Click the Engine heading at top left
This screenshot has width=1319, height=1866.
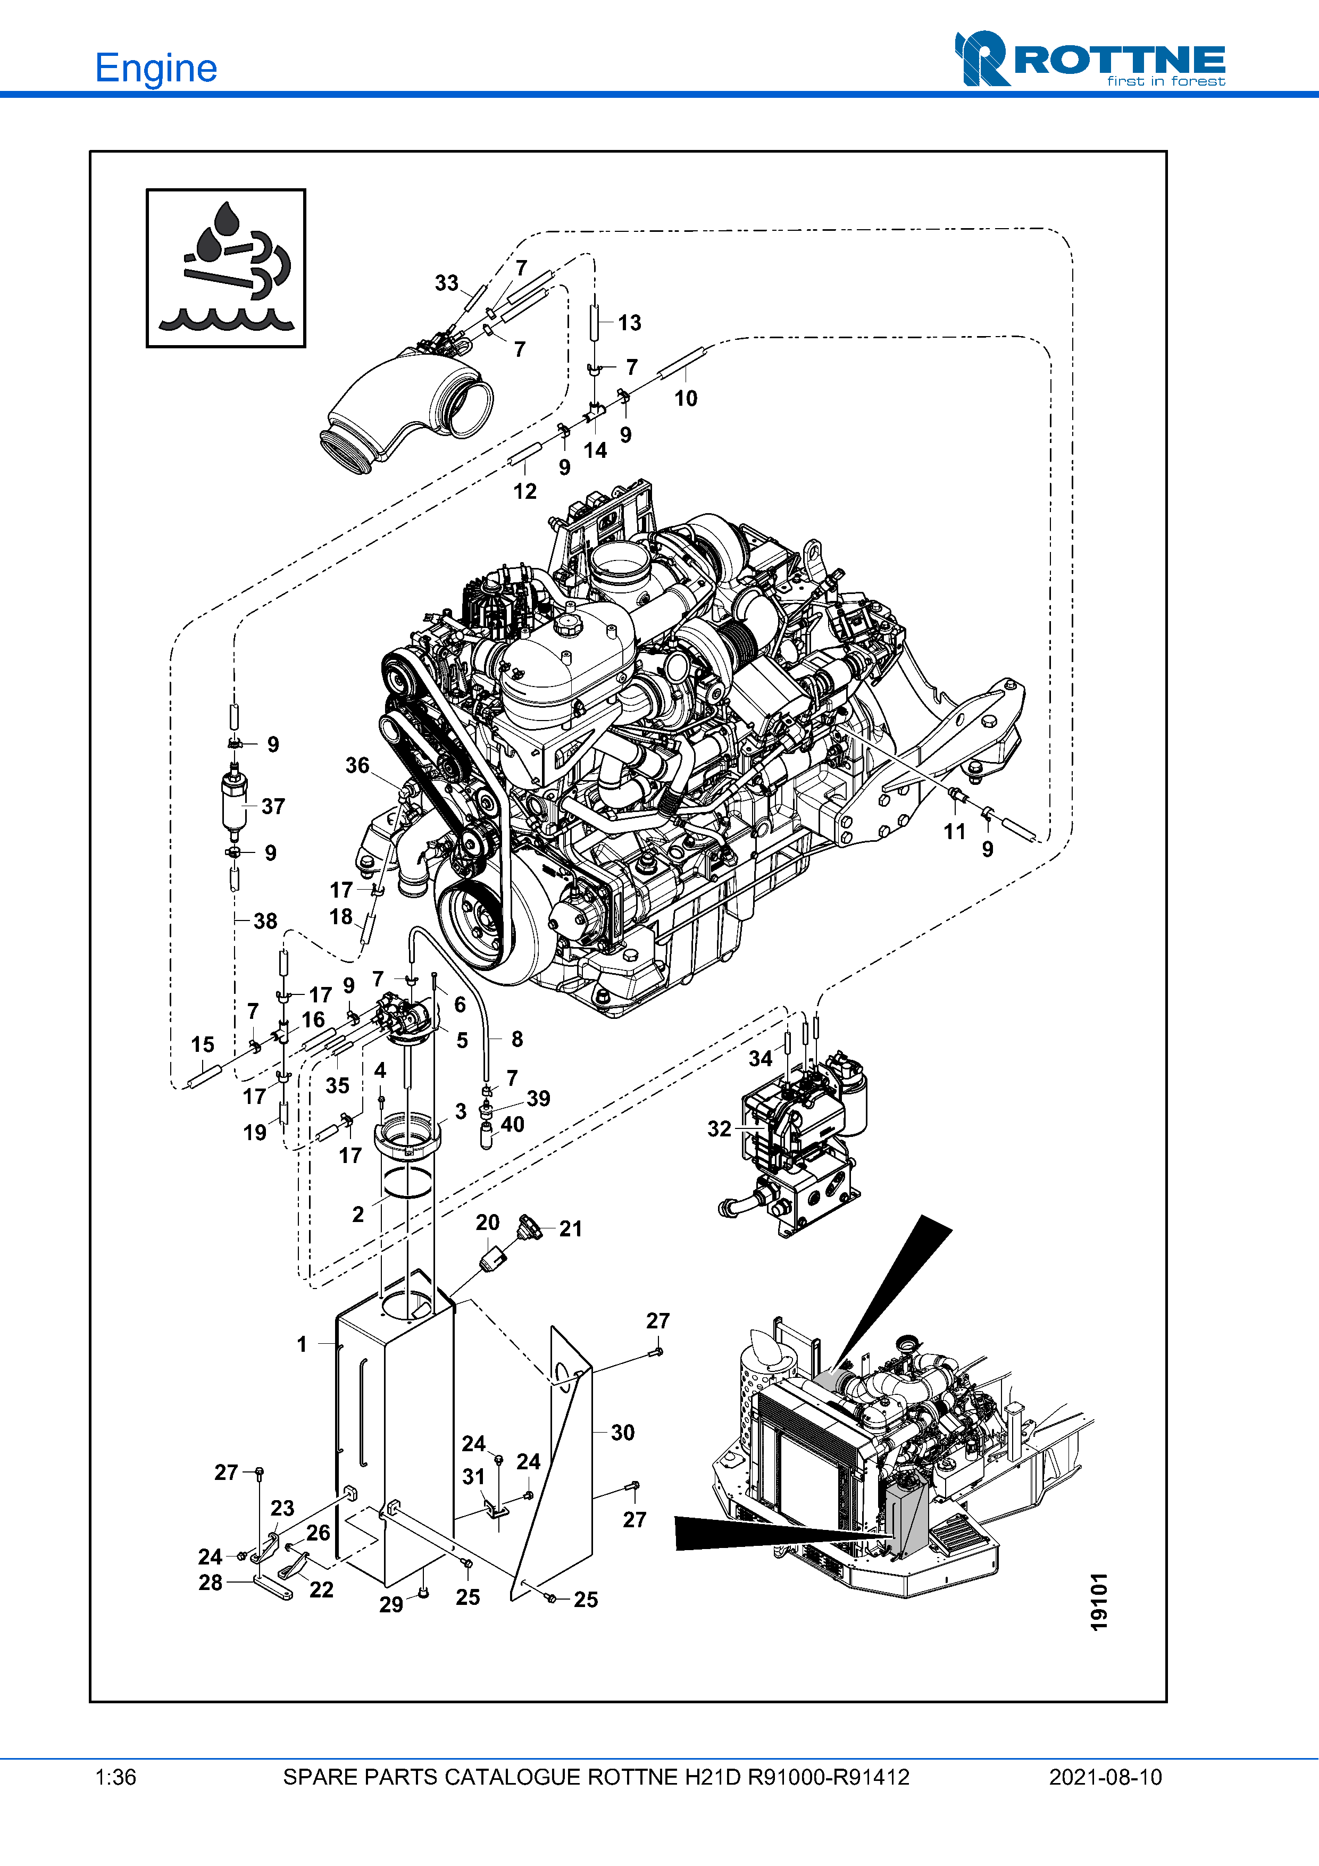coord(156,68)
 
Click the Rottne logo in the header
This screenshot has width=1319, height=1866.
coord(1090,60)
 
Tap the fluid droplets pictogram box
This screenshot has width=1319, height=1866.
coord(226,268)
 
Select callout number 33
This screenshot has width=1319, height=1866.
coord(446,283)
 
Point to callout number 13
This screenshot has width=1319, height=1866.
coord(629,323)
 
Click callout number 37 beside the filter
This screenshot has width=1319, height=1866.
coord(273,806)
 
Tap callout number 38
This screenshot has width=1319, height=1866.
coord(265,921)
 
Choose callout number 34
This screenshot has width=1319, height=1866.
coord(760,1058)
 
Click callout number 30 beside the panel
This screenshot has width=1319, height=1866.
coord(622,1432)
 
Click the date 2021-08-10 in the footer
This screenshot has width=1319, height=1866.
coord(1105,1777)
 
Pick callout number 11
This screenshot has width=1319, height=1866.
coord(954,831)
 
